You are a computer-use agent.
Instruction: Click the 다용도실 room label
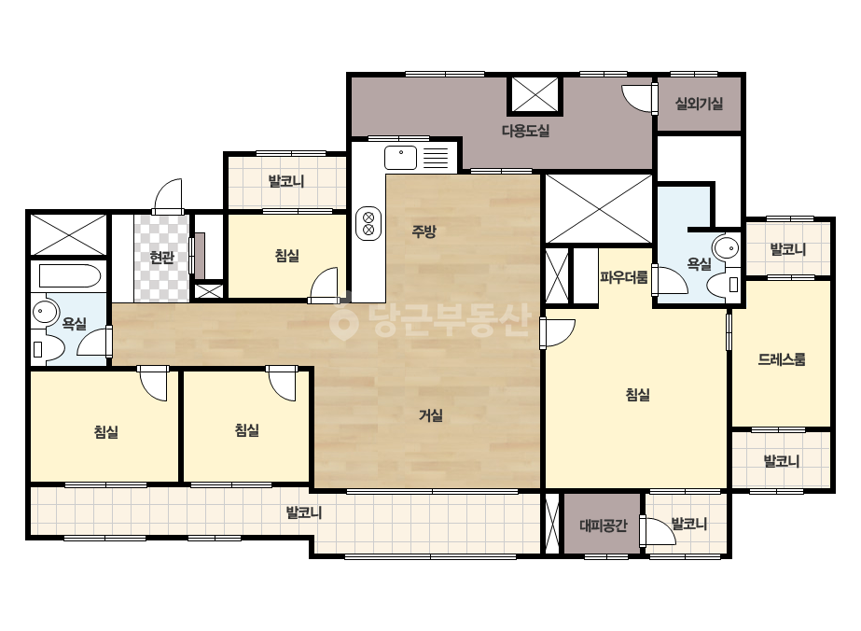click(x=525, y=131)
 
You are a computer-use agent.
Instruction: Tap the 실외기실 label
click(x=699, y=104)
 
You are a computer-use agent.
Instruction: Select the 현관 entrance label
click(x=162, y=257)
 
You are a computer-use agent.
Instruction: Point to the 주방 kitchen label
click(x=424, y=231)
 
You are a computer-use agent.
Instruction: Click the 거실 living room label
click(x=431, y=415)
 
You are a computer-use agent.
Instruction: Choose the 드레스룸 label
click(x=782, y=359)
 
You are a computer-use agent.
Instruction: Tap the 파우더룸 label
click(x=624, y=277)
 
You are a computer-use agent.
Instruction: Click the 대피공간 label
click(x=603, y=526)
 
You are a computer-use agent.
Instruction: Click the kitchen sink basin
click(x=401, y=158)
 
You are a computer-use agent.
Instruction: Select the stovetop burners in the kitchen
click(x=368, y=223)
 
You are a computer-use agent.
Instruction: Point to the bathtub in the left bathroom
click(x=70, y=276)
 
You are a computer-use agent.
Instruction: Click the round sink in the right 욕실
click(x=727, y=249)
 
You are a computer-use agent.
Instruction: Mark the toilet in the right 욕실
click(x=723, y=285)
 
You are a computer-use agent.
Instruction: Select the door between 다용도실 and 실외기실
click(x=639, y=98)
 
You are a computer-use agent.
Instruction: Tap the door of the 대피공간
click(x=657, y=530)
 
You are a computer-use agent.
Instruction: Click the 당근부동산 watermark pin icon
click(x=343, y=323)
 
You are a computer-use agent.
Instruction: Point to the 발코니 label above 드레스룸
click(x=788, y=249)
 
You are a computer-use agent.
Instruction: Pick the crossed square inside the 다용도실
click(x=535, y=95)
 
